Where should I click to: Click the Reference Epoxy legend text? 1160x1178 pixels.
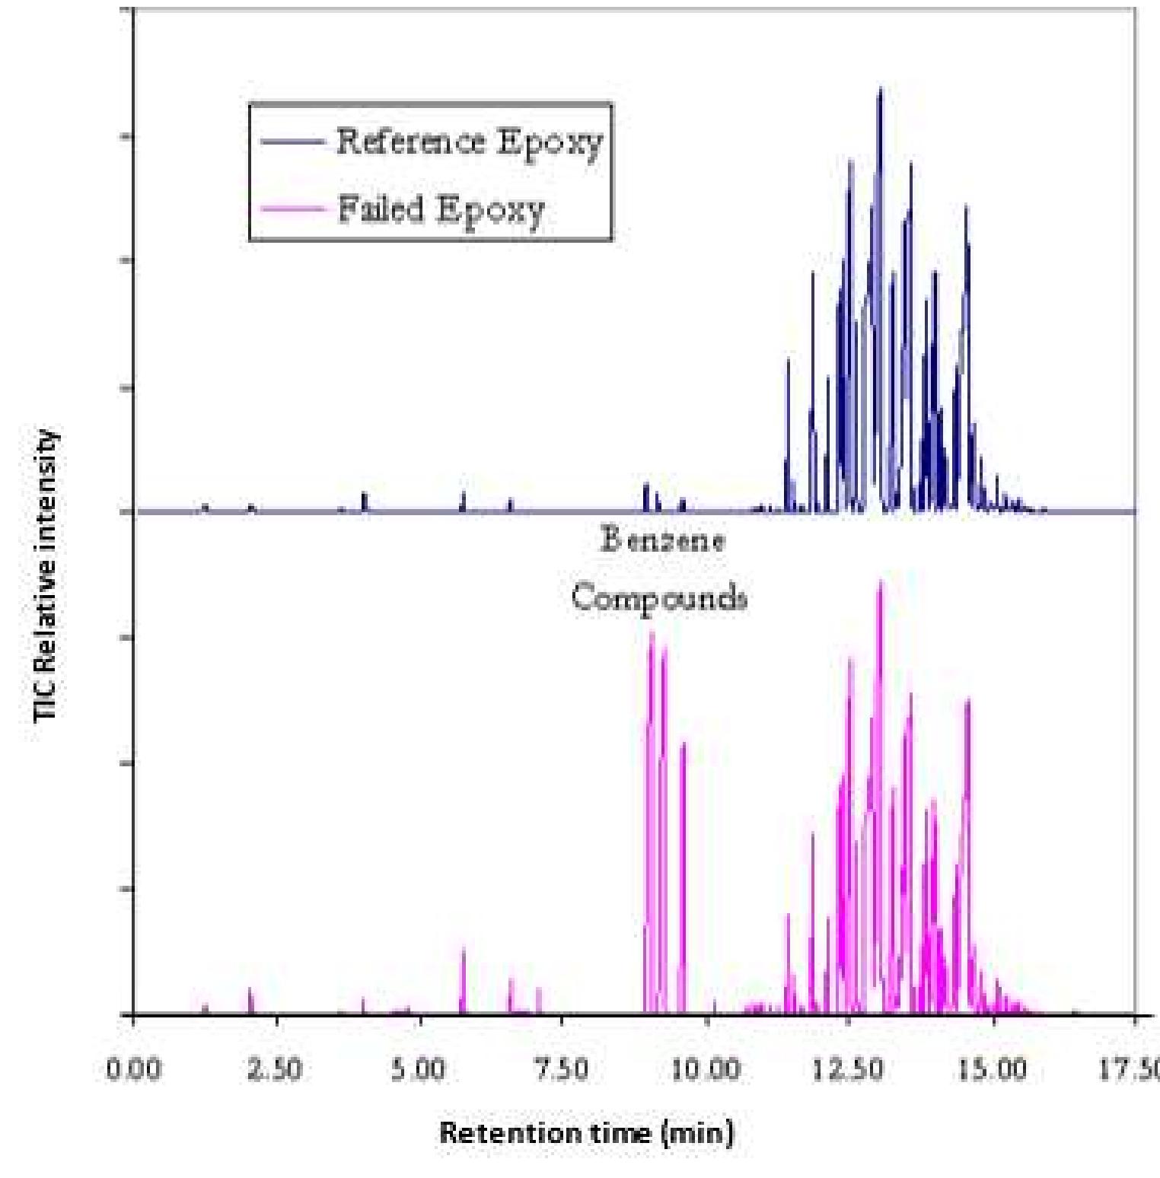tap(469, 142)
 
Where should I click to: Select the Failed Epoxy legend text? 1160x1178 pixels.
tap(441, 210)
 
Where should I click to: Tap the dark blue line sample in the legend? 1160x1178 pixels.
tap(293, 142)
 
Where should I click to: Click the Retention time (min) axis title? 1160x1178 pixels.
tap(586, 1133)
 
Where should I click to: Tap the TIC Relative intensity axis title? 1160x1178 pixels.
tap(46, 575)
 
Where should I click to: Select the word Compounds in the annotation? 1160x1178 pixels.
tap(659, 598)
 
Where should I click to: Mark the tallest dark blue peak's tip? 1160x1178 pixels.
tap(881, 90)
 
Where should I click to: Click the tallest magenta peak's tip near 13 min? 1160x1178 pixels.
tap(881, 582)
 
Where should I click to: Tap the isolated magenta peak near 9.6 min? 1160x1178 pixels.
tap(683, 744)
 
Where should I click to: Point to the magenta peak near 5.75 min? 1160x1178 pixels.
tap(463, 950)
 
